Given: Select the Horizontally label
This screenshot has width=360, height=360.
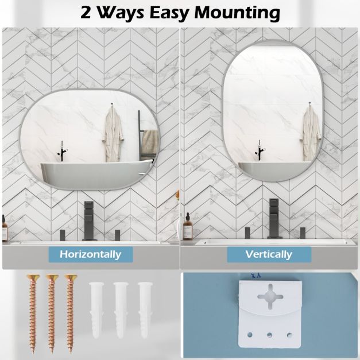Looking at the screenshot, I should point(91,254).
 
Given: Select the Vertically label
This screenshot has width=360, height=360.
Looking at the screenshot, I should point(269,254).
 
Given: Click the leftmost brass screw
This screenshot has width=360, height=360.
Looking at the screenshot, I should point(33,313).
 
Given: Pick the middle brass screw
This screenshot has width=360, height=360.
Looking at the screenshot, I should point(52,313).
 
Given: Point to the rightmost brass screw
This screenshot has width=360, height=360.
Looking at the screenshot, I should point(71,313).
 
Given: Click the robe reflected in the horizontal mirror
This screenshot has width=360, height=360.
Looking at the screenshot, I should point(113,134).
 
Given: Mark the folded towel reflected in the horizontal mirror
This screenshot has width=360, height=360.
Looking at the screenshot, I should point(149,144).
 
